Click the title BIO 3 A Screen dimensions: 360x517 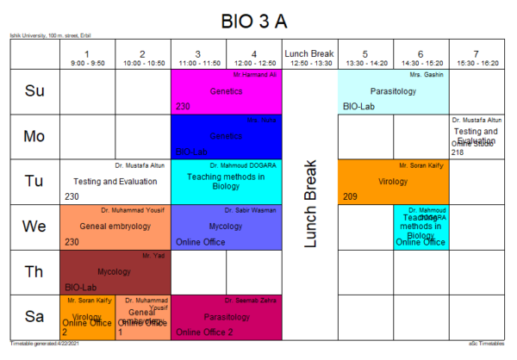258,21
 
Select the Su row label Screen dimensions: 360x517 34,90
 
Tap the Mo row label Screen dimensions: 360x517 34,136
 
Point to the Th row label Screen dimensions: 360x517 34,271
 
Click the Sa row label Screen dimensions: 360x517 34,317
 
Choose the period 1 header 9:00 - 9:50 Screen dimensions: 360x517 86,57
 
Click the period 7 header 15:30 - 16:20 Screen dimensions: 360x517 477,57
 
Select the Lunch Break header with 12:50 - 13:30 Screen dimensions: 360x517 309,57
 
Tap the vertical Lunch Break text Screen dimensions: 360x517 311,203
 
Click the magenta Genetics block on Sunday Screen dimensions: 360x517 227,90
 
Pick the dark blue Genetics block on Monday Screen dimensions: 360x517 227,136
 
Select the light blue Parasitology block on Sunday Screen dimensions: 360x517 393,90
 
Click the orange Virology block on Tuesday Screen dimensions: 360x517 393,182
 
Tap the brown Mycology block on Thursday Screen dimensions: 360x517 115,271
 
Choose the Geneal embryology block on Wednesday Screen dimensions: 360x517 115,226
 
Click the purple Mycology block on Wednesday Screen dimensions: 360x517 227,226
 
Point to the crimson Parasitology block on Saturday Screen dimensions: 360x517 227,317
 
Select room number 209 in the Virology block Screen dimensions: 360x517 350,196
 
